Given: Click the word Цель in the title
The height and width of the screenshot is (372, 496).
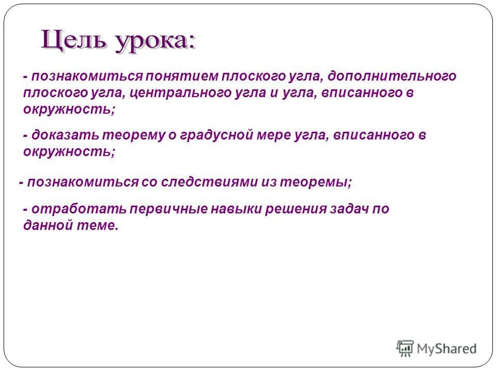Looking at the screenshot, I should tap(73, 40).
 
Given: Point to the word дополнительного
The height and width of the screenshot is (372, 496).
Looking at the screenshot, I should tap(392, 76).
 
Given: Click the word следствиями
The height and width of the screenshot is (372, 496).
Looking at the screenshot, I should tap(212, 181).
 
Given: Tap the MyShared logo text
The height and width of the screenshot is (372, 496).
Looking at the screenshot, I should tap(447, 349).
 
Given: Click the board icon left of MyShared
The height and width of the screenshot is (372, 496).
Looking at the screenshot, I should tap(405, 348).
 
